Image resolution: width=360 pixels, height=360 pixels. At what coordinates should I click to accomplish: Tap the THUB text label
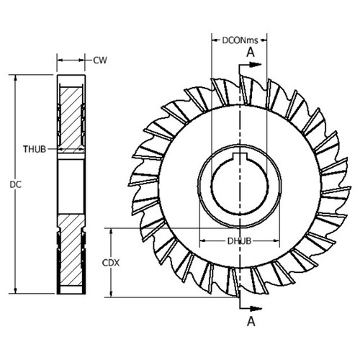pyautogui.click(x=34, y=149)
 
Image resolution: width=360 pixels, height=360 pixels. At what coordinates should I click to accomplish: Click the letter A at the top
pyautogui.click(x=250, y=52)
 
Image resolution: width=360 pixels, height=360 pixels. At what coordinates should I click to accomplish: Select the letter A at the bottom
pyautogui.click(x=250, y=323)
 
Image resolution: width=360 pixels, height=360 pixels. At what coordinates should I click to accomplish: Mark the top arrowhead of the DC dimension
pyautogui.click(x=15, y=77)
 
